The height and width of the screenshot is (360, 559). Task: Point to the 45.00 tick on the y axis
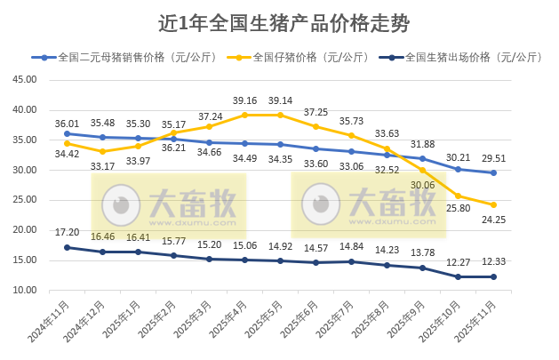24,80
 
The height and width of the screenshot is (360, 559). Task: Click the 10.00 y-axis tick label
24,291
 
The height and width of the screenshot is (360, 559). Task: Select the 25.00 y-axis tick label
24,200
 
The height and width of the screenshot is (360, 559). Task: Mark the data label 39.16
244,100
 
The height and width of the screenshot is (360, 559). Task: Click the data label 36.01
68,121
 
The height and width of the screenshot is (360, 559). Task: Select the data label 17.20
68,232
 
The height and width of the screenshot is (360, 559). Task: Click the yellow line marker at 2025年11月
494,204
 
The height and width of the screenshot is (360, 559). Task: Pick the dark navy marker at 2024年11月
67,247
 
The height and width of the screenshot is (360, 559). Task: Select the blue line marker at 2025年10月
459,169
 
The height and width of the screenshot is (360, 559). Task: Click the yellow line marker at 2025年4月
244,115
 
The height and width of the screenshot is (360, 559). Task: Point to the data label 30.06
424,185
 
